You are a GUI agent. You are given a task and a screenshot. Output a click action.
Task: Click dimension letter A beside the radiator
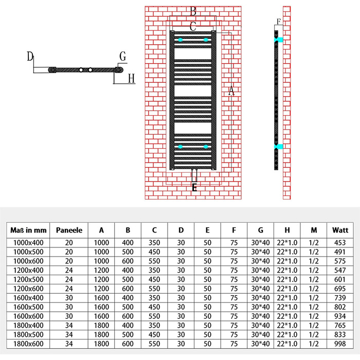tap(231, 91)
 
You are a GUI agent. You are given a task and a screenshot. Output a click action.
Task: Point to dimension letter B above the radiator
tap(193, 11)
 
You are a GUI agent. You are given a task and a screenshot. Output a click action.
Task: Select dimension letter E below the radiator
tap(194, 188)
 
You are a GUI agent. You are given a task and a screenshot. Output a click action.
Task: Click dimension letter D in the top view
tap(30, 56)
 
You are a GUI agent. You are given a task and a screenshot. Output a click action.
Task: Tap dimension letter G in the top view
tap(122, 56)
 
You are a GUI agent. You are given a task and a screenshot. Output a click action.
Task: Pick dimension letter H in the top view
tap(131, 78)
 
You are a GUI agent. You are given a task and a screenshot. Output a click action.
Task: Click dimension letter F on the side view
tap(279, 22)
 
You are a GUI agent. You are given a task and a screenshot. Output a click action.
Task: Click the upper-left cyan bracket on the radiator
tap(181, 40)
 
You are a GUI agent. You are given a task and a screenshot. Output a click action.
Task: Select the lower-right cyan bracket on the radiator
tap(206, 147)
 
